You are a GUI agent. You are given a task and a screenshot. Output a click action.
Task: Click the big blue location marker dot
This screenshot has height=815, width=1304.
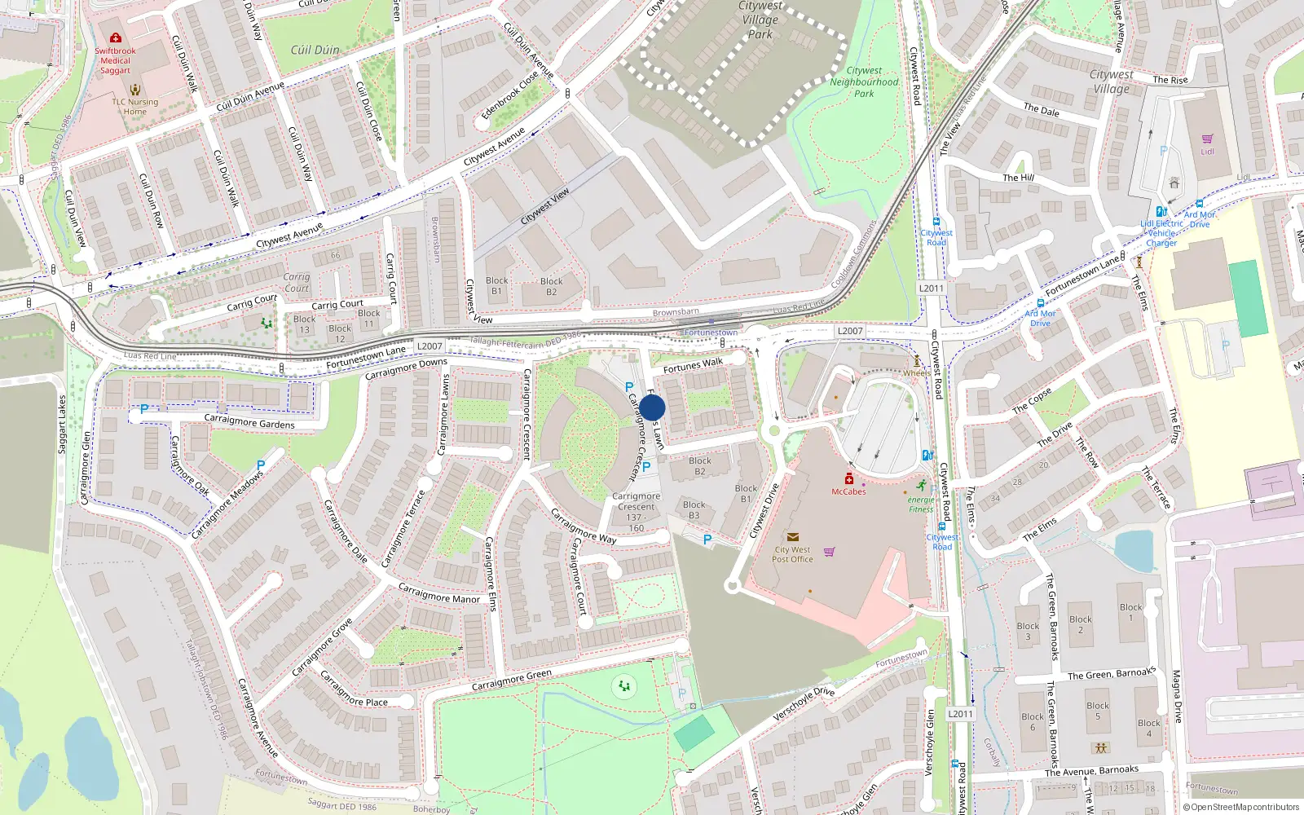[652, 407]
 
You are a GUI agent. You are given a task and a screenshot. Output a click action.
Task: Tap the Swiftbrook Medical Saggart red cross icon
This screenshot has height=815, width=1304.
[116, 38]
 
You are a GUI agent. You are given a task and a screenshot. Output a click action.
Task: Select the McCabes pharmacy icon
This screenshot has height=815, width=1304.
[849, 479]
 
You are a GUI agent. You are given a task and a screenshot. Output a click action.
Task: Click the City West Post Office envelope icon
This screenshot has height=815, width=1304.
[792, 537]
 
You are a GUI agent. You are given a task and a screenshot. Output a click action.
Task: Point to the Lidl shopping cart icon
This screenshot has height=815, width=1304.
[1207, 139]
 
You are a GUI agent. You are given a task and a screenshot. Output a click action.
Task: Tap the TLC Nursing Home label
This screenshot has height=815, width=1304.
[135, 107]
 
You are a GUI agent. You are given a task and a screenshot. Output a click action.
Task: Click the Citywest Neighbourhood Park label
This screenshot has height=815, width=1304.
[864, 82]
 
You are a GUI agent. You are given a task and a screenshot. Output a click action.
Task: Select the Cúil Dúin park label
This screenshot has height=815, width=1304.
[315, 50]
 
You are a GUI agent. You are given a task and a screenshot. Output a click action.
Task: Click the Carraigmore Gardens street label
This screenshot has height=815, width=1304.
[249, 421]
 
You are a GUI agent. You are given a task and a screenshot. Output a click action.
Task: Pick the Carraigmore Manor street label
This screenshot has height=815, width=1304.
[438, 593]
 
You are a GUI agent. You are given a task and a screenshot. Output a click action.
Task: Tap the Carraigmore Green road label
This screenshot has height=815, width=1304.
[511, 681]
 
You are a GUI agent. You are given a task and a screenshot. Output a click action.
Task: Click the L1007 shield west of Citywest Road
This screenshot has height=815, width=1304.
[850, 331]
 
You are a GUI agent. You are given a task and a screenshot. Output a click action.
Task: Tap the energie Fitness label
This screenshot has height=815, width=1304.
[921, 504]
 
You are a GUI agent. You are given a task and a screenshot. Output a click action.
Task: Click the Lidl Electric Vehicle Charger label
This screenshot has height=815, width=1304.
[1161, 233]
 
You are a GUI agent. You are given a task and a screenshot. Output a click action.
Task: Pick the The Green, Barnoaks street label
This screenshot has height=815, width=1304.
[1111, 673]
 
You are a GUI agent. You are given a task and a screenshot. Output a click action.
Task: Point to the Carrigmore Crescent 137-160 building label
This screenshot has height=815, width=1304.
[637, 512]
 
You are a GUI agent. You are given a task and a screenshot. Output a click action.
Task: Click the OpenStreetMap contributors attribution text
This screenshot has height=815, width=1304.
[1241, 807]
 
